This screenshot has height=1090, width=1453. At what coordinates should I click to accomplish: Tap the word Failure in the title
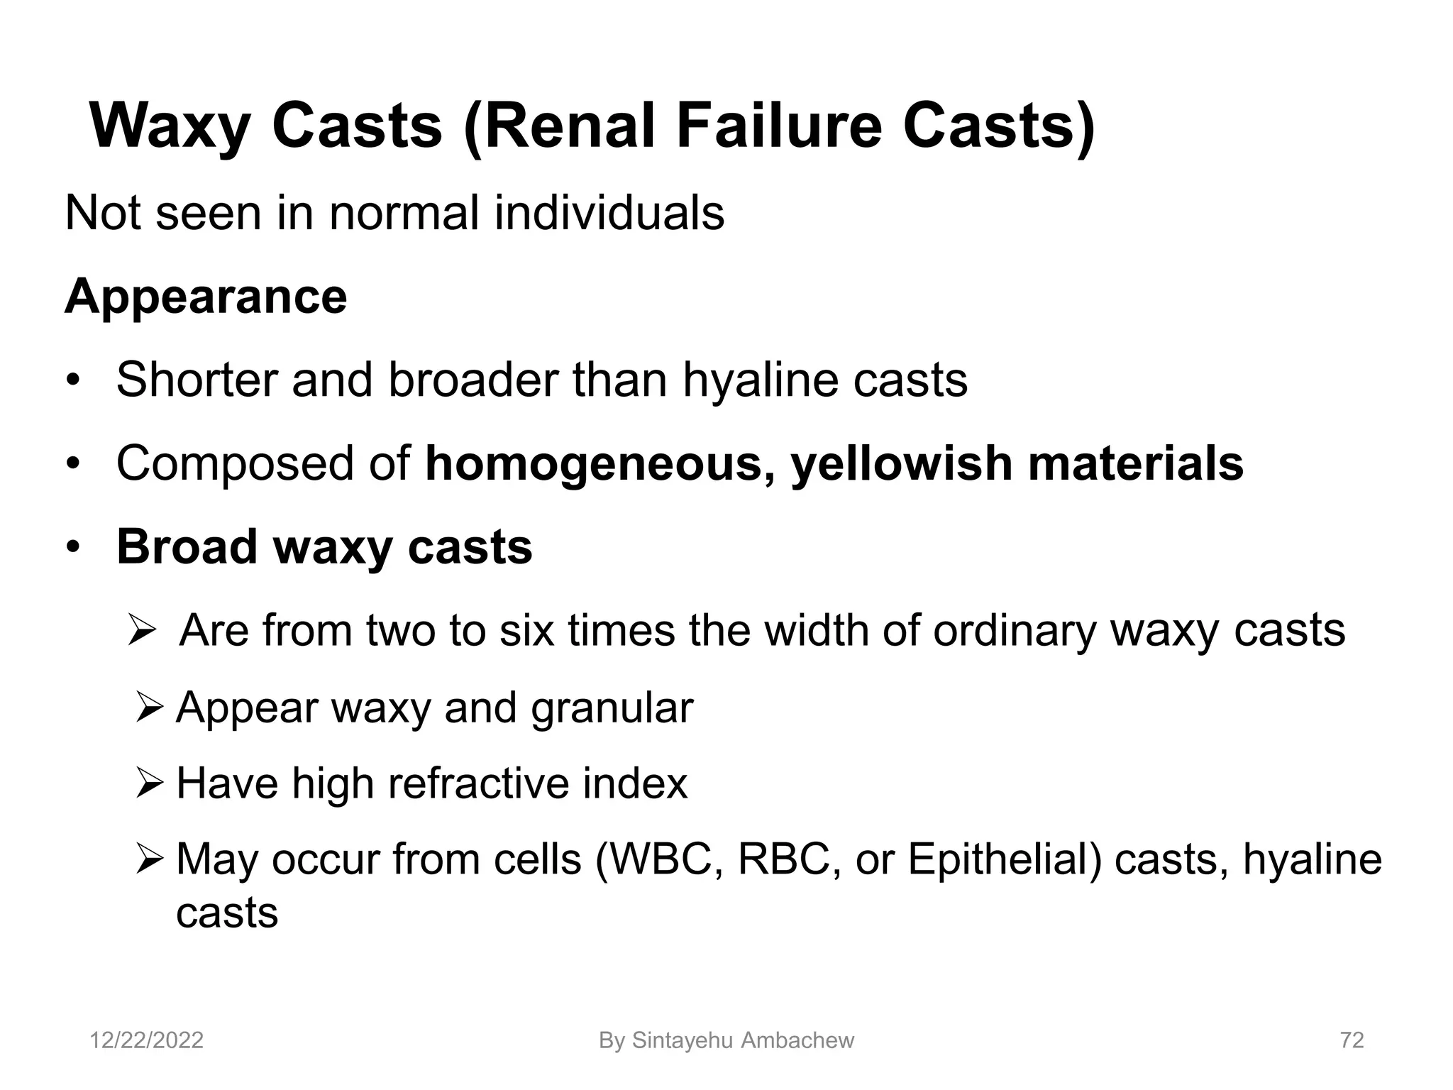779,126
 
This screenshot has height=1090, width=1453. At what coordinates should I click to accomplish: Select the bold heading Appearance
206,296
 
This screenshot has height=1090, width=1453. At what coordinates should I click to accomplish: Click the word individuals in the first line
609,212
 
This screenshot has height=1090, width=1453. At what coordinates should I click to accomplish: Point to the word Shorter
197,380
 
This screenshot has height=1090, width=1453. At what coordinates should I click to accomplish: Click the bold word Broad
187,547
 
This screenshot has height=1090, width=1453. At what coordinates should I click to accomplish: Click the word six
526,630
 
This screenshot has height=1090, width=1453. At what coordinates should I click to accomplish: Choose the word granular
612,708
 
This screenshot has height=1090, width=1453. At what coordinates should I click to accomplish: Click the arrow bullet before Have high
150,783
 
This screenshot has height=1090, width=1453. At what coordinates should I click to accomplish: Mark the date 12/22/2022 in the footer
146,1040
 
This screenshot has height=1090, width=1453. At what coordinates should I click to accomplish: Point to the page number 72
1352,1040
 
